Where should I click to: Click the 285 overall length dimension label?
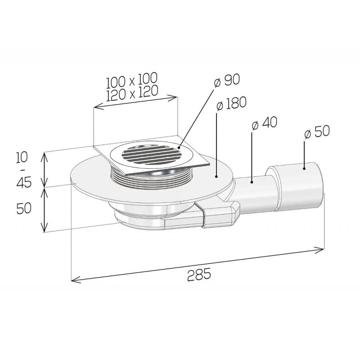199,274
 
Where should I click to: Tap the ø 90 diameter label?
227,81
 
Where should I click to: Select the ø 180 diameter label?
231,104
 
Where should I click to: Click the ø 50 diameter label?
317,132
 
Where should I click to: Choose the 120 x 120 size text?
132,93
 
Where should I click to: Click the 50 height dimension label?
24,208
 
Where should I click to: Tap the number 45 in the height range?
24,183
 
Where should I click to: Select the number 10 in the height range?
22,157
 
